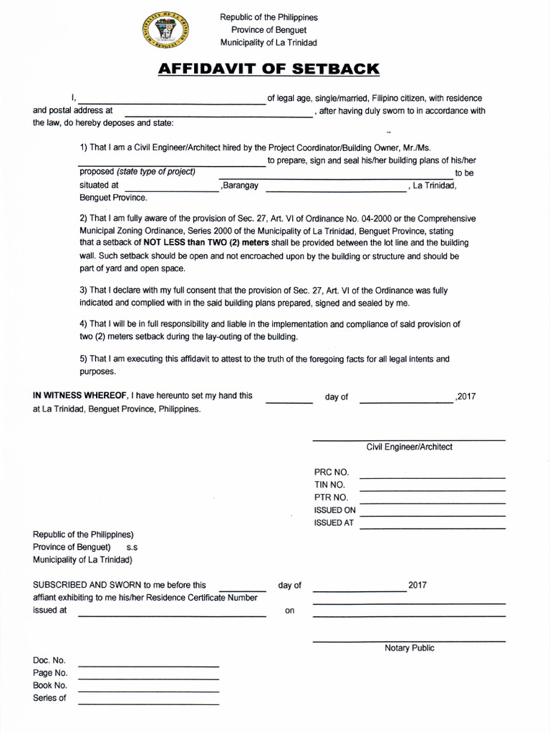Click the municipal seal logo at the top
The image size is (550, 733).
tap(166, 32)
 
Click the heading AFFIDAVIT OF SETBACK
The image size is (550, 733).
tap(268, 69)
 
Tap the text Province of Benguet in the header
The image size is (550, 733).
tap(269, 29)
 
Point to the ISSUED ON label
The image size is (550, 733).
tap(334, 510)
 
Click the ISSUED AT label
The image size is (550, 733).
tap(334, 523)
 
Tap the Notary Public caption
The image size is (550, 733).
tap(409, 648)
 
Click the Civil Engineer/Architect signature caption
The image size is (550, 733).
tap(409, 447)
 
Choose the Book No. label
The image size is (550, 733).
tap(50, 686)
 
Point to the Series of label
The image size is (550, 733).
tap(49, 698)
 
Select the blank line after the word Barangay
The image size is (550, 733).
tap(335, 190)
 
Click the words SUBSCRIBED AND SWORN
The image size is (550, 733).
tap(88, 585)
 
